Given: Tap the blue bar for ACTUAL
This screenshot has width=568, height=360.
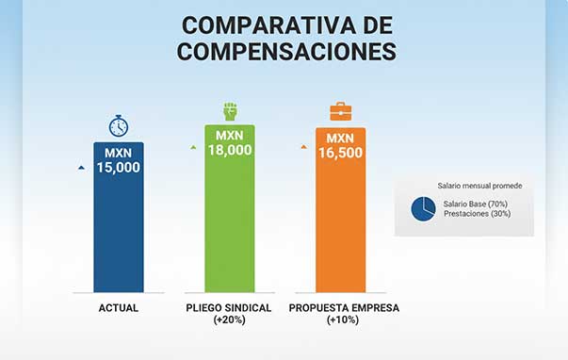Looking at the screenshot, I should (x=119, y=236).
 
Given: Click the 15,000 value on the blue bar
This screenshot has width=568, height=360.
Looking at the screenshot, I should (x=119, y=167).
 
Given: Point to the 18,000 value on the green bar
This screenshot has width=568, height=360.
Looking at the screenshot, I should (x=230, y=149).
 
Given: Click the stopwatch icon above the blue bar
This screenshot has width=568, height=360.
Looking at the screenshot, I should (x=119, y=125).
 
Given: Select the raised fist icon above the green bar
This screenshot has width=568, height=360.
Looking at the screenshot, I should (x=230, y=109).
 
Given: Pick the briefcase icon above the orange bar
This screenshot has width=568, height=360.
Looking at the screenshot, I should (x=340, y=113).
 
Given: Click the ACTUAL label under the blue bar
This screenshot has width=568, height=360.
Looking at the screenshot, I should (x=119, y=308).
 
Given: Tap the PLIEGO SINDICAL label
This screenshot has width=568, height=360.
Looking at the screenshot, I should (x=230, y=308).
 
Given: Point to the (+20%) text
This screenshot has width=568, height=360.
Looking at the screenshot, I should (x=230, y=321).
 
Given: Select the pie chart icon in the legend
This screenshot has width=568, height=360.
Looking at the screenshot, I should (x=423, y=209).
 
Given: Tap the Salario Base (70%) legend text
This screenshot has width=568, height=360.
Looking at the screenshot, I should (x=475, y=204).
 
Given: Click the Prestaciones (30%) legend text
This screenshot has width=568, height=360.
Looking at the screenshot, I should (x=476, y=215).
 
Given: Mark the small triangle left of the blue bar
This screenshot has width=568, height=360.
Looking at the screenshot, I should (x=81, y=167).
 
